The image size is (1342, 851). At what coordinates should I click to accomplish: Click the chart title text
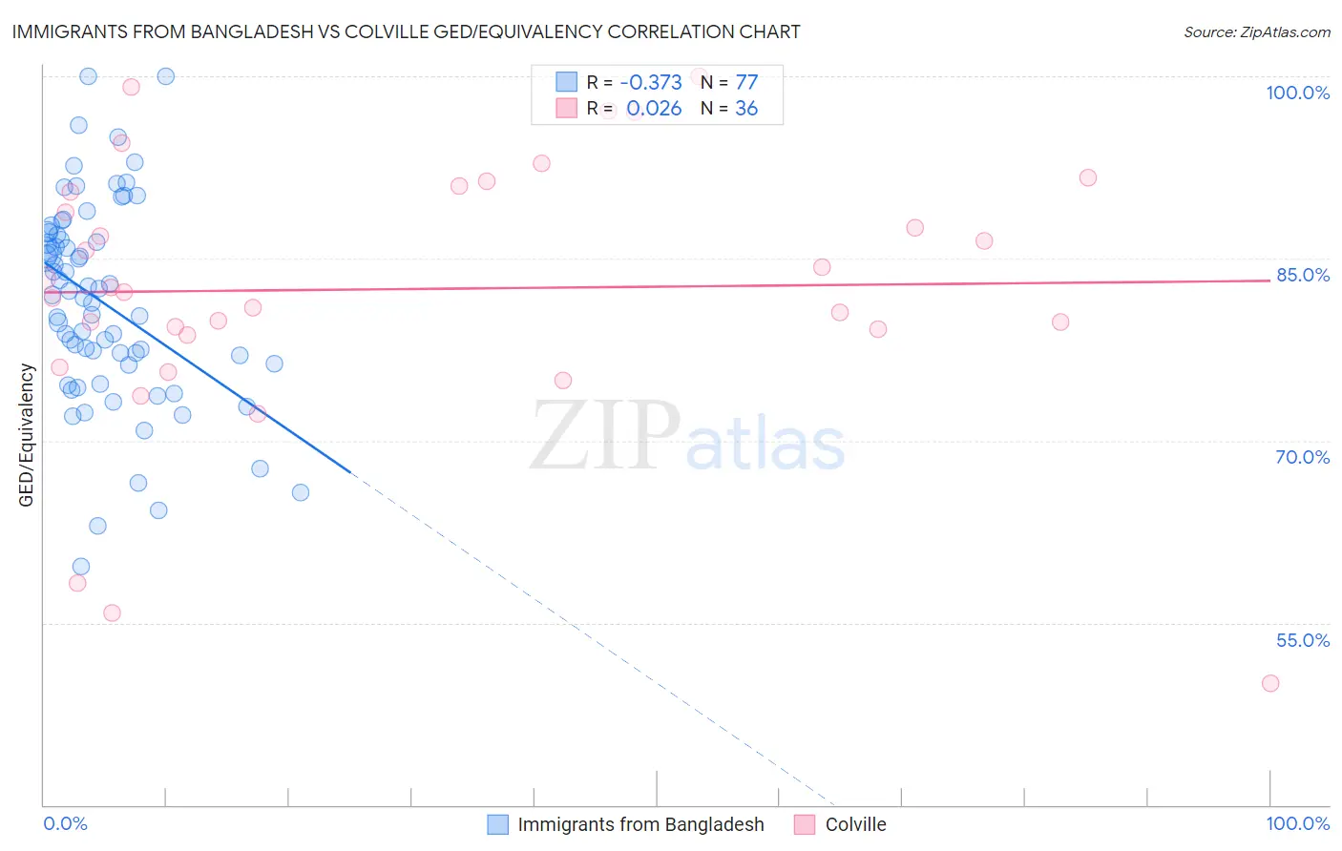tap(406, 31)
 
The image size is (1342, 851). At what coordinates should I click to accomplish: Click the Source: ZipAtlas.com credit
tap(1256, 31)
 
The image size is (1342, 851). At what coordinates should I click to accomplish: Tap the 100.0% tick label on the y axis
tap(1297, 93)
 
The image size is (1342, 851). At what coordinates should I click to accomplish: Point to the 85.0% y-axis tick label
tap(1303, 275)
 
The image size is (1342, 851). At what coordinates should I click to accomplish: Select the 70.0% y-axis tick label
tap(1303, 457)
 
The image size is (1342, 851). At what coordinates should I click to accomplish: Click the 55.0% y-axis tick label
tap(1303, 640)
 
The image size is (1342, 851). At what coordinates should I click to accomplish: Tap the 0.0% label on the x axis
tap(65, 823)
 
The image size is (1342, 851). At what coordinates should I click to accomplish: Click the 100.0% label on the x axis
tap(1297, 823)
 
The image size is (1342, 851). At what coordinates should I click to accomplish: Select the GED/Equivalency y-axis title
tap(27, 435)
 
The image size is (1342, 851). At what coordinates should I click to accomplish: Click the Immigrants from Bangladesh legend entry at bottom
tap(640, 824)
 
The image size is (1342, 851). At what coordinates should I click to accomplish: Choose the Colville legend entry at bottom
tap(855, 824)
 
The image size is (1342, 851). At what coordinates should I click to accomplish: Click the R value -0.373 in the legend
tap(651, 83)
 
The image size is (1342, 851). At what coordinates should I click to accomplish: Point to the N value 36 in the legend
tap(746, 109)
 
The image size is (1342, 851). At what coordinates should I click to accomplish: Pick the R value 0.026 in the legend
tap(654, 109)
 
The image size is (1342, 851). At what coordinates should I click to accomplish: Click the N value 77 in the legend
tap(746, 83)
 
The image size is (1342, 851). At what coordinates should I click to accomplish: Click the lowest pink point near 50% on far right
tap(1269, 683)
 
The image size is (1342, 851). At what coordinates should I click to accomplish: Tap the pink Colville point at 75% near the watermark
tap(563, 381)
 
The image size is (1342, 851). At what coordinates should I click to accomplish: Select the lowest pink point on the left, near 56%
tap(112, 612)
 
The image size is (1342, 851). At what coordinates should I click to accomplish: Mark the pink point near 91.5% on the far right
tap(1088, 177)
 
